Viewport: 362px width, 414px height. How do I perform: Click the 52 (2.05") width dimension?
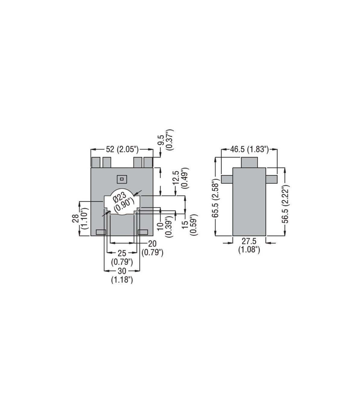click(x=122, y=150)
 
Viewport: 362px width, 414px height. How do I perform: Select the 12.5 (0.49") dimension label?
click(x=180, y=178)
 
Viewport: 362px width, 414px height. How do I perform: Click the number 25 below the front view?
click(x=122, y=253)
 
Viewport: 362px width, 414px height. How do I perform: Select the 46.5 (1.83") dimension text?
click(x=249, y=150)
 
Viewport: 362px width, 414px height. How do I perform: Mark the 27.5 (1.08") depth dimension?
click(x=249, y=245)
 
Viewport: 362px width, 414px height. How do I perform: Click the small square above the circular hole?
click(x=122, y=179)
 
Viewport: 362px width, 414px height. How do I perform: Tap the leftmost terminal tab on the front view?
click(x=96, y=162)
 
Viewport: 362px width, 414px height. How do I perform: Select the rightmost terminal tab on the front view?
click(x=148, y=162)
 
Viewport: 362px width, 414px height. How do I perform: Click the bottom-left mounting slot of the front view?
click(x=101, y=232)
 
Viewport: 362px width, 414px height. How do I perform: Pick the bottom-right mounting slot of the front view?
click(x=143, y=232)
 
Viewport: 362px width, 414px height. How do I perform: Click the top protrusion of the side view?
click(x=249, y=162)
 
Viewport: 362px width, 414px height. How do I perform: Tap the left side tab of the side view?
click(x=227, y=179)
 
